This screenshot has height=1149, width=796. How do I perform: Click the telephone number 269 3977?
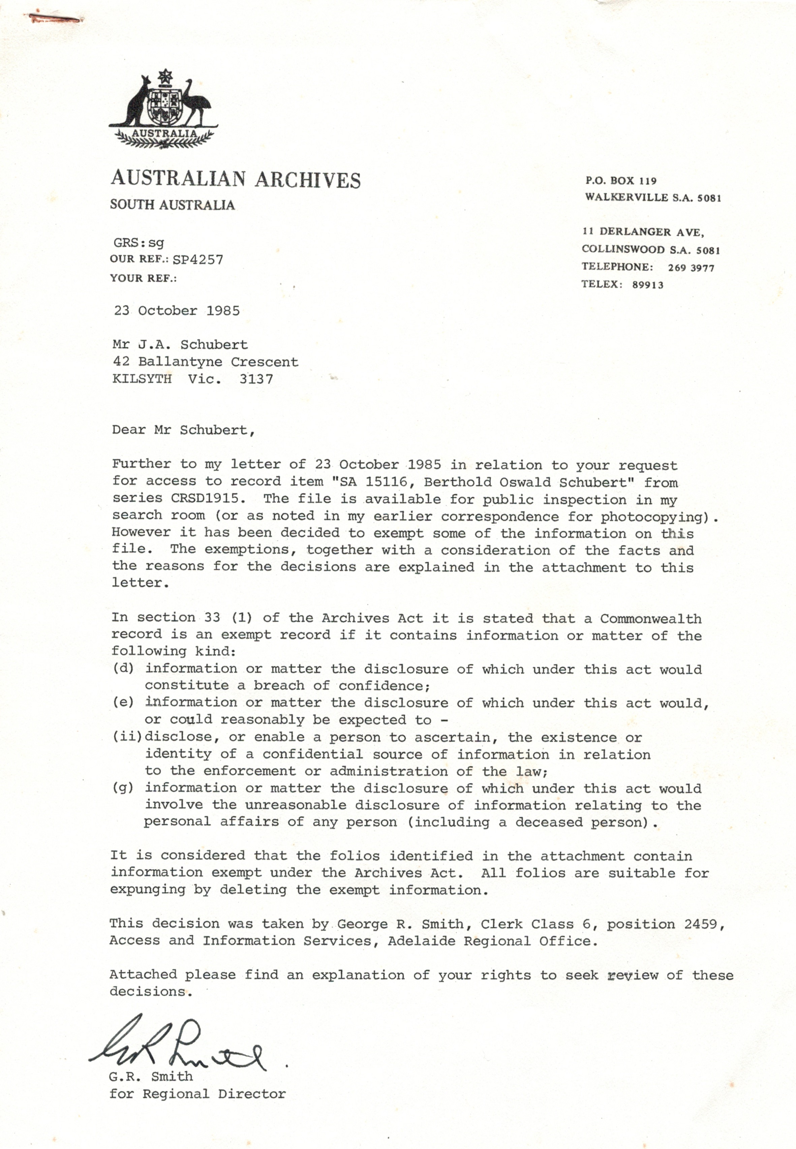[691, 268]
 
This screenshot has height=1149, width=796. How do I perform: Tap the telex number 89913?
[647, 285]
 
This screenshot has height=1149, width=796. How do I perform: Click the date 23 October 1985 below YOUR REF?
[177, 311]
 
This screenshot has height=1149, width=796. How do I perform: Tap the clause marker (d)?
[123, 668]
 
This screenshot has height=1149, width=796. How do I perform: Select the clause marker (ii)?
[127, 737]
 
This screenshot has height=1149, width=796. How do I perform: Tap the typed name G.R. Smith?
[151, 1076]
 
